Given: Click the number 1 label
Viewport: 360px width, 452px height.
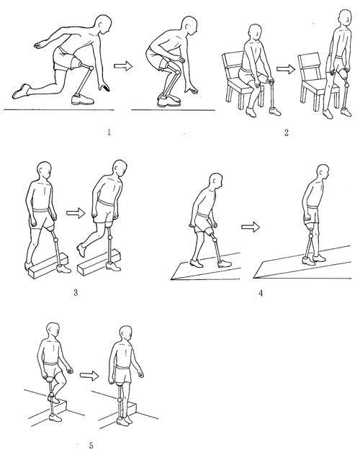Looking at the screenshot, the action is pyautogui.click(x=109, y=132).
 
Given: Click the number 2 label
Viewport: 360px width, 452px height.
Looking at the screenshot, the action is pyautogui.click(x=286, y=132).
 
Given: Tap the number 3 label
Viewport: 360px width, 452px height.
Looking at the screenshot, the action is pyautogui.click(x=76, y=293).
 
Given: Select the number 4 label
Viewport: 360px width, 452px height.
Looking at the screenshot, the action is pyautogui.click(x=261, y=293).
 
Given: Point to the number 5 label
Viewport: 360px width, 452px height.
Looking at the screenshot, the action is pyautogui.click(x=91, y=446).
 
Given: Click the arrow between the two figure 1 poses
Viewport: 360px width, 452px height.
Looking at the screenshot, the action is pyautogui.click(x=123, y=66).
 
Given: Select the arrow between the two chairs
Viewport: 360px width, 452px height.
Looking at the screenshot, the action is pyautogui.click(x=286, y=69).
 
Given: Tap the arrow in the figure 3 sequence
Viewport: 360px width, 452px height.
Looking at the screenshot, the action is pyautogui.click(x=76, y=213).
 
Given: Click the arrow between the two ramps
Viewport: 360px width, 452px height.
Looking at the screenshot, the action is pyautogui.click(x=251, y=227).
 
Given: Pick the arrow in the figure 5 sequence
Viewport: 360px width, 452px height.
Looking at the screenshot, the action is pyautogui.click(x=89, y=375).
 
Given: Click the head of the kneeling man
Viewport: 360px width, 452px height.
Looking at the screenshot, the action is pyautogui.click(x=103, y=25).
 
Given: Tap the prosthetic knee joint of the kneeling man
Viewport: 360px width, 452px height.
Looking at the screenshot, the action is pyautogui.click(x=91, y=68).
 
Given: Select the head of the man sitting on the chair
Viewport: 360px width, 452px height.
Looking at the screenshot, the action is pyautogui.click(x=256, y=32).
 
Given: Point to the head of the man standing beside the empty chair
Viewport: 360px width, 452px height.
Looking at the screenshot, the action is pyautogui.click(x=346, y=19).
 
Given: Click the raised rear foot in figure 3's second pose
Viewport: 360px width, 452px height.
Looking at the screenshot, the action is pyautogui.click(x=81, y=250).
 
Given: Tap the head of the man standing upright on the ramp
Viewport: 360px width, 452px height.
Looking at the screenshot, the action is pyautogui.click(x=323, y=173).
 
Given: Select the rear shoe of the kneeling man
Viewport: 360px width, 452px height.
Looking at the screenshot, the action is pyautogui.click(x=21, y=91).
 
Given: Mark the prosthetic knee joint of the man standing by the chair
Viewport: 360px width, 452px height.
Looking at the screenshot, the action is pyautogui.click(x=347, y=86).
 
